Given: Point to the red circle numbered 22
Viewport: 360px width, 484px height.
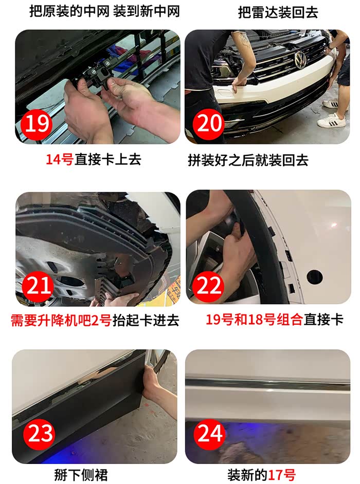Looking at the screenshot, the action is [x=209, y=286].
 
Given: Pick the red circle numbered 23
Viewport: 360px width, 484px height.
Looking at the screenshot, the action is [x=40, y=434].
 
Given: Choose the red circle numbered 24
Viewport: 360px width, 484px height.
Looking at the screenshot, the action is [x=210, y=433].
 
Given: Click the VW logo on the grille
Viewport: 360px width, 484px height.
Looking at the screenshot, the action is [x=299, y=60].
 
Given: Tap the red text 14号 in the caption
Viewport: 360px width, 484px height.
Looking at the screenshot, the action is [x=59, y=160].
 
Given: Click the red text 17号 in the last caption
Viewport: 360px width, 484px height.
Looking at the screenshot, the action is [x=281, y=474].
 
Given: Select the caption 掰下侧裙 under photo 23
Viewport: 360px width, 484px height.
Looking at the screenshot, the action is [x=81, y=474].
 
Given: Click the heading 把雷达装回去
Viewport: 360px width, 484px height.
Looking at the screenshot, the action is [x=278, y=12].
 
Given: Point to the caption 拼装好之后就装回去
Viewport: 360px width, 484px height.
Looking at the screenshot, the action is [x=248, y=160].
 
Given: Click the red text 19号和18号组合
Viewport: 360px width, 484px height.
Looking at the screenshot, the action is [x=254, y=320].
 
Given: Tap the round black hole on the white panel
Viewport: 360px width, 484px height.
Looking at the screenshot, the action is [x=315, y=277].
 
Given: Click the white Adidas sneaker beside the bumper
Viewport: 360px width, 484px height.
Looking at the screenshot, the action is [x=331, y=120].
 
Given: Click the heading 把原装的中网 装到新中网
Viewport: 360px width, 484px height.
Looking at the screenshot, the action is [x=104, y=12].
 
